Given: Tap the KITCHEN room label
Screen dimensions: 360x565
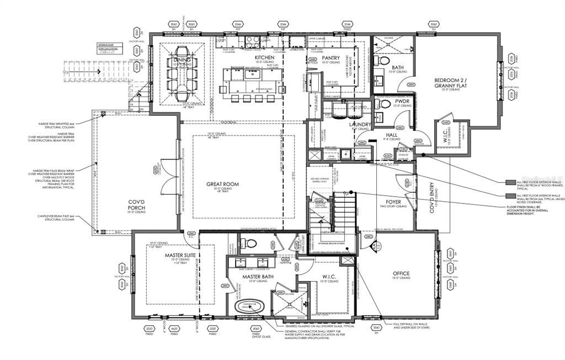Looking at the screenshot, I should point(264,57).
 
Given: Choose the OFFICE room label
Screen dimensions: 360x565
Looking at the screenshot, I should point(401,273).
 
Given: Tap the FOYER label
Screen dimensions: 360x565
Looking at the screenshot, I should point(393,202).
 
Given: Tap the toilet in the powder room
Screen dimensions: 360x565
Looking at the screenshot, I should point(385,104).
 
